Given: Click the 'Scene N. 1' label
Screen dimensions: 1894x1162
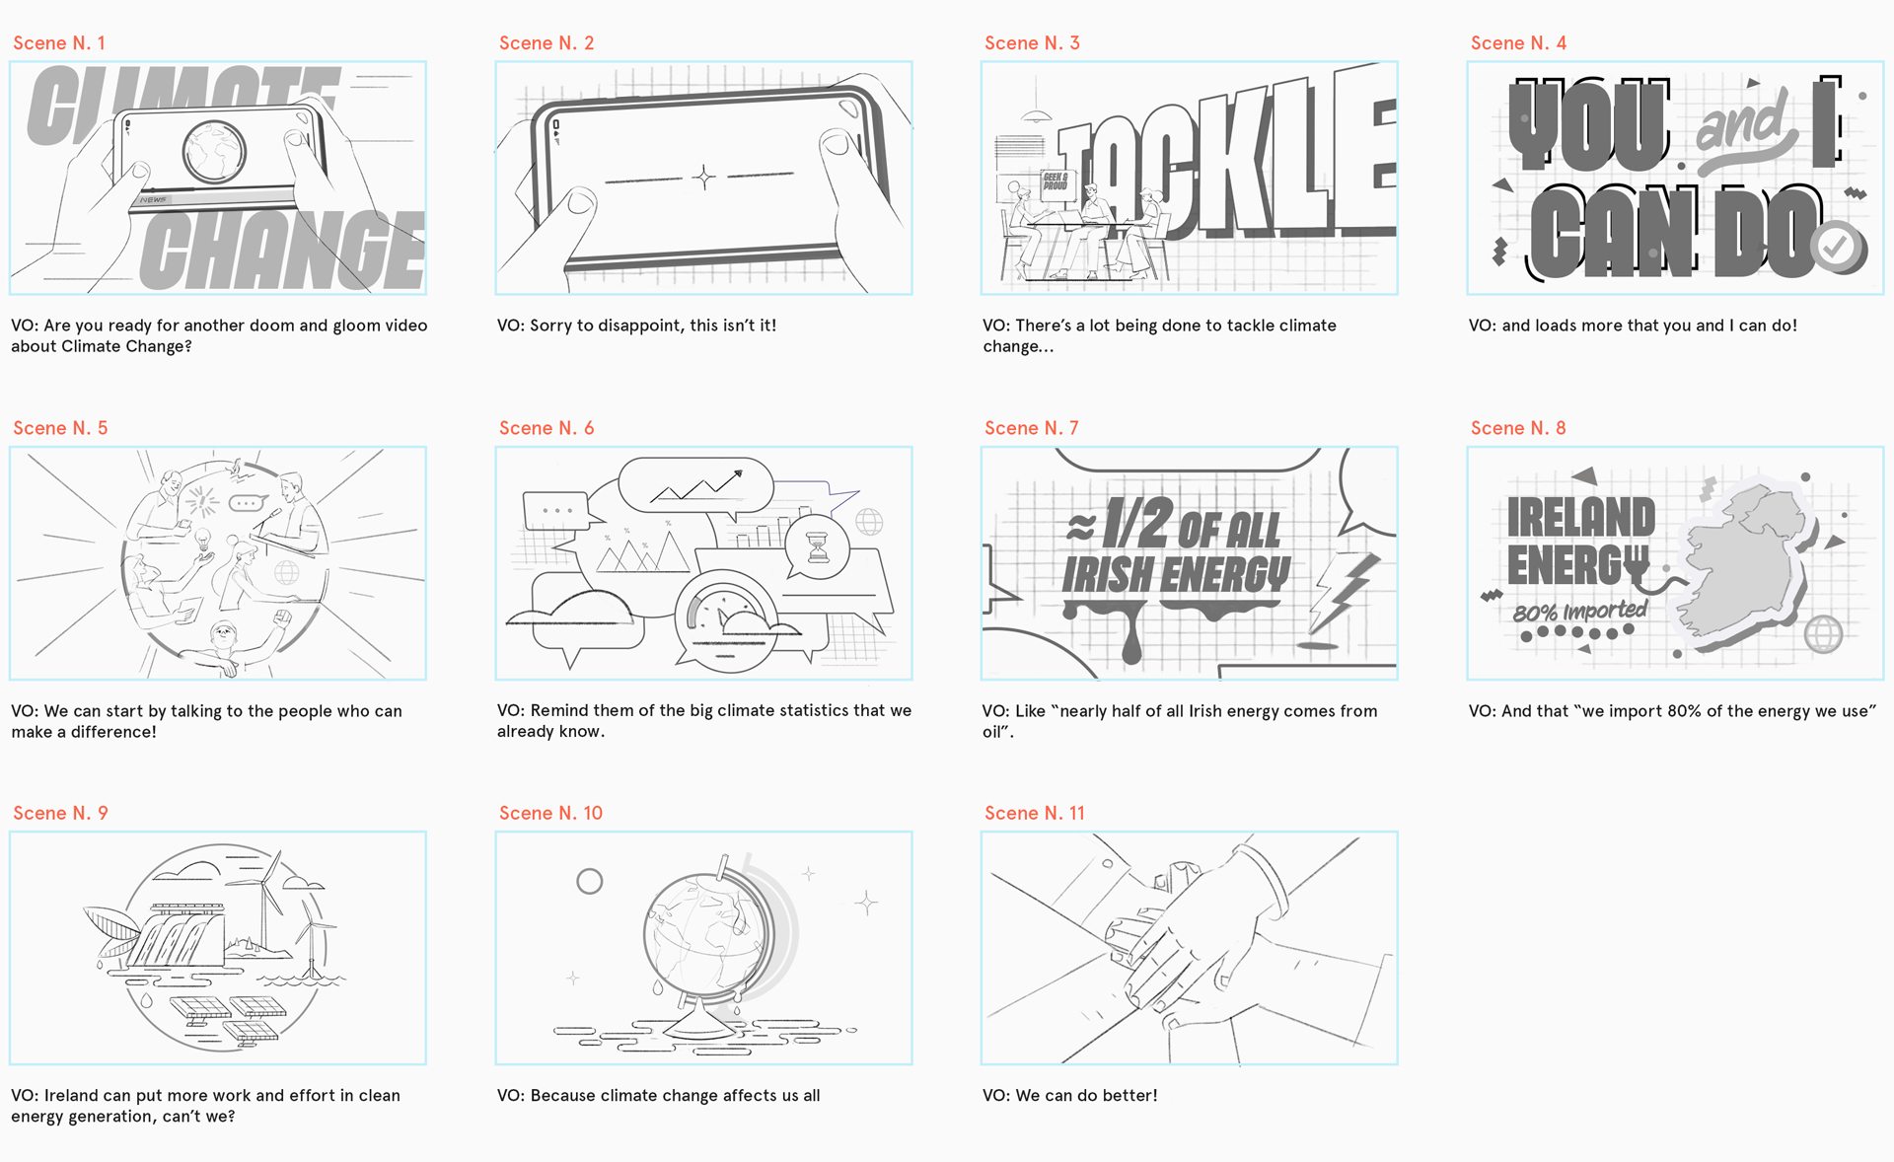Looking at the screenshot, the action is coord(59,43).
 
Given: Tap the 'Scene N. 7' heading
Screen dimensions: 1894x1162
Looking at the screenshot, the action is coord(1032,428).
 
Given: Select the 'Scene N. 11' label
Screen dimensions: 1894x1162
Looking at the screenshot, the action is coord(1035,814).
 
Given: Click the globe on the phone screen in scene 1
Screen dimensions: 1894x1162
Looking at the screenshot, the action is coord(214,152).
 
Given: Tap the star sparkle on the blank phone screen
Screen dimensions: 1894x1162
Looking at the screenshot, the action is coord(704,178).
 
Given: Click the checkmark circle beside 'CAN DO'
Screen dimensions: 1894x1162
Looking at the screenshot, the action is coord(1836,248).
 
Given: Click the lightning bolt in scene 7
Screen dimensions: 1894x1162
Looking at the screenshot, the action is coord(1344,592).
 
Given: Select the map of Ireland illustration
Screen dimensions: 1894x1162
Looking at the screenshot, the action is coord(1745,562).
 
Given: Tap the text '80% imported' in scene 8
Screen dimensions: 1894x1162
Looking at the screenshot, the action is coord(1580,612).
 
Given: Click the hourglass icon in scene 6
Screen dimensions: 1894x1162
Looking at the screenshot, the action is coord(818,546).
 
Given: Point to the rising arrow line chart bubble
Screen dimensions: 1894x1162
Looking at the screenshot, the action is coord(696,485).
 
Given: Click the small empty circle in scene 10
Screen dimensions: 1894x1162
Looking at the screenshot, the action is coord(590,882).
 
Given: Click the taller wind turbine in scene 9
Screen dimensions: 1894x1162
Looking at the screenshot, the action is coord(263,898).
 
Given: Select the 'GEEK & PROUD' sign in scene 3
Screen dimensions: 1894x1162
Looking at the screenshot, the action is coord(1056,182).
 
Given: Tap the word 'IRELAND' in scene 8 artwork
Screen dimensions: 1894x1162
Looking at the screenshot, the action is coord(1581,518).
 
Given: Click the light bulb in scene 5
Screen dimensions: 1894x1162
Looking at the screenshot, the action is coord(202,541).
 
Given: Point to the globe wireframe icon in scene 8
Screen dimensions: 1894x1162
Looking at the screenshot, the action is coord(1824,634).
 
